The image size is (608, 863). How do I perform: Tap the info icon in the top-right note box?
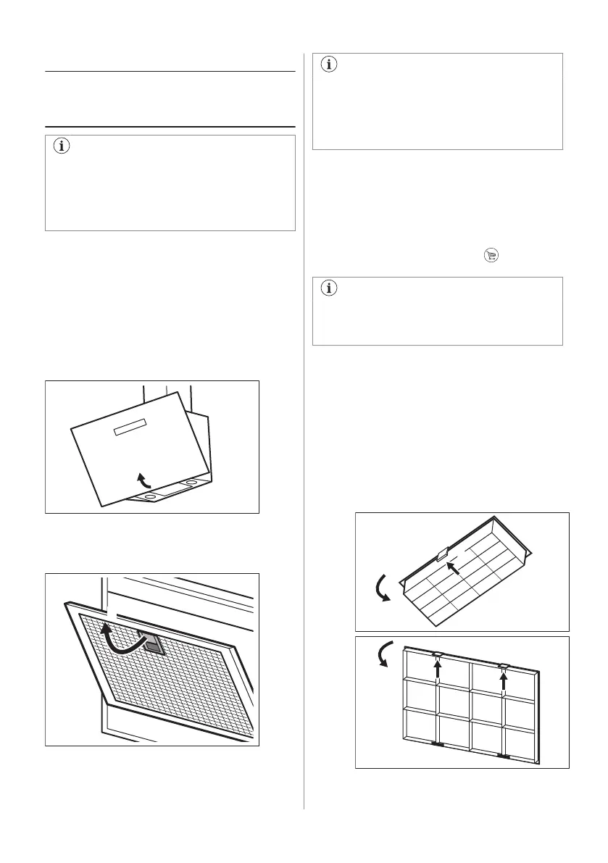[329, 64]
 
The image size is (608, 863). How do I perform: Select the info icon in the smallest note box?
[329, 288]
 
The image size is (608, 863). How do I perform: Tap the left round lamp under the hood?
[150, 496]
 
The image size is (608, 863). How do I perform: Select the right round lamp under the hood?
[191, 482]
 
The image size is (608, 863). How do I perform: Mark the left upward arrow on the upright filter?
[437, 669]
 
